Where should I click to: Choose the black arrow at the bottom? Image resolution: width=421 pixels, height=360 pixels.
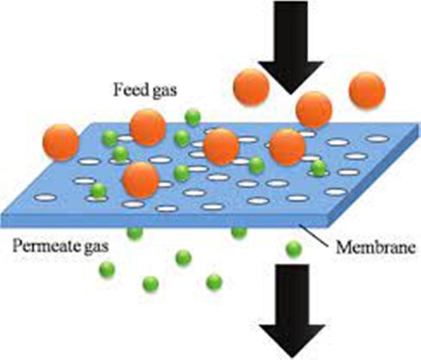pos(292,311)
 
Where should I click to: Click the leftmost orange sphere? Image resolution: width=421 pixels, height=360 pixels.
pos(61,143)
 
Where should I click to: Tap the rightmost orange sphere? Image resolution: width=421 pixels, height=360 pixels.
pos(367,90)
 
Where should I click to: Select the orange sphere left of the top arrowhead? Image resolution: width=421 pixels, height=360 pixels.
pos(251,87)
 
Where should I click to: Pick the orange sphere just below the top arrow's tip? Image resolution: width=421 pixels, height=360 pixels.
pos(314,109)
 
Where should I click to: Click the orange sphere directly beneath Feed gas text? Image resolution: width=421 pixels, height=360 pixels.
pos(148,127)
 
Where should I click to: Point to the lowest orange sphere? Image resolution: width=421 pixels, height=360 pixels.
pos(141,179)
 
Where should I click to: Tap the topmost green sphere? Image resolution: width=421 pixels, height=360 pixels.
pos(193,117)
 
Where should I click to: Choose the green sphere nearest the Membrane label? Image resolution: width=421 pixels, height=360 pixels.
pos(294,249)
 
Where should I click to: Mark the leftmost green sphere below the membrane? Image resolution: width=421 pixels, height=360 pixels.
pos(107,269)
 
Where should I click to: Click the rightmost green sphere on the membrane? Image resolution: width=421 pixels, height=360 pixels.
pos(318,168)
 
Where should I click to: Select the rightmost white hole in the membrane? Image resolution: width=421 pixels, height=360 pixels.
pos(378,139)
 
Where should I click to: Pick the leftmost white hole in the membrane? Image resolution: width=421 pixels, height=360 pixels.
pos(45,197)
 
